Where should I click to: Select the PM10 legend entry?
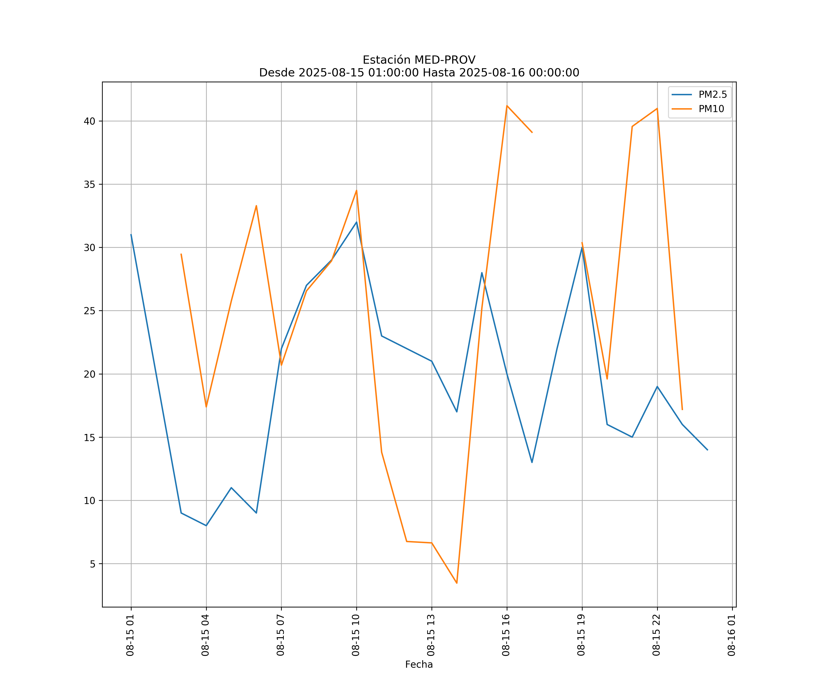(711, 109)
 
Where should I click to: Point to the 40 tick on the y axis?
(89, 121)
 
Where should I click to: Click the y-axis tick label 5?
(92, 564)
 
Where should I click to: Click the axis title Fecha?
(419, 664)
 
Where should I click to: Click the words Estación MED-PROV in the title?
(419, 60)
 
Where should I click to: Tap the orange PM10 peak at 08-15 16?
(507, 106)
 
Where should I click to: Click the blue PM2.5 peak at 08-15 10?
(357, 222)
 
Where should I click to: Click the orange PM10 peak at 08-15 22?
(657, 108)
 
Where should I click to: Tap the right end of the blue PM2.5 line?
(707, 450)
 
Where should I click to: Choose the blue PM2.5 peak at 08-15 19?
(582, 248)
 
